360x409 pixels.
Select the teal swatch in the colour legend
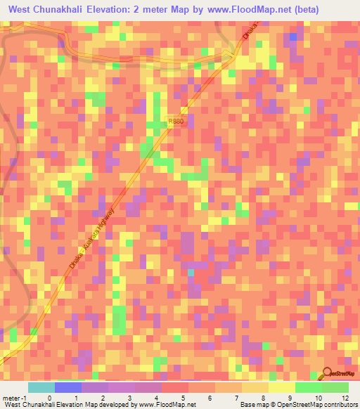pyautogui.click(x=41, y=387)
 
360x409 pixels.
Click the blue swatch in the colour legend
pyautogui.click(x=68, y=387)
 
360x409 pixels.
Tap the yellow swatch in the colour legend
pyautogui.click(x=282, y=387)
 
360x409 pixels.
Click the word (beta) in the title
pyautogui.click(x=300, y=10)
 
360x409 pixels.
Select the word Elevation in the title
pyautogui.click(x=129, y=10)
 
